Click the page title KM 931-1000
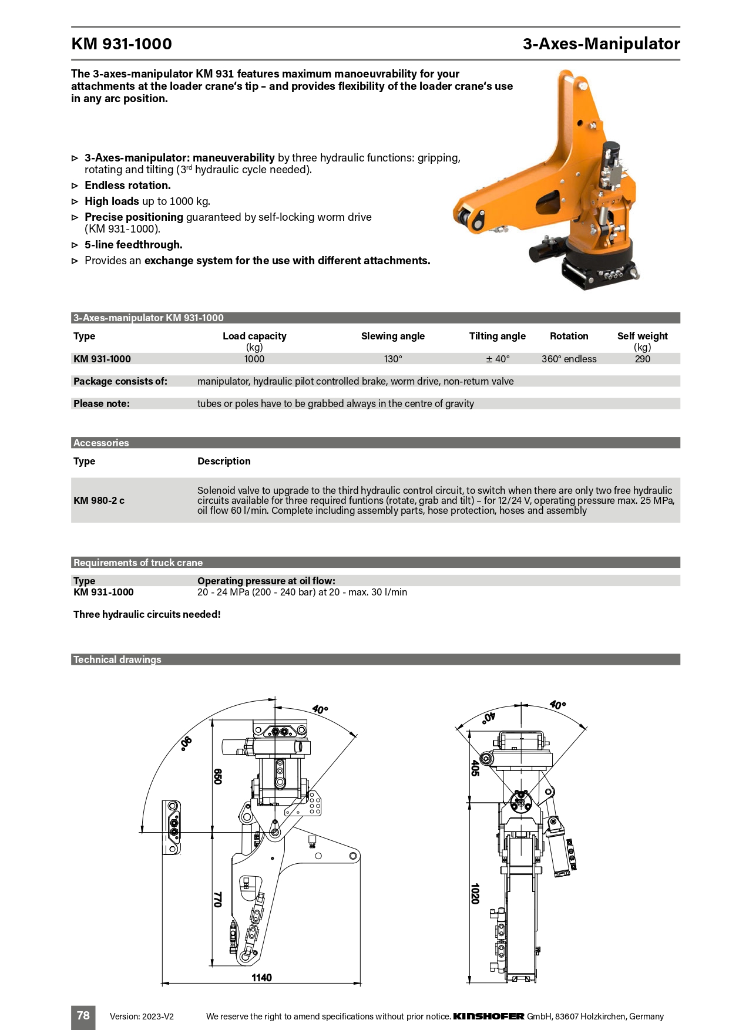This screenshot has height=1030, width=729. coord(122,44)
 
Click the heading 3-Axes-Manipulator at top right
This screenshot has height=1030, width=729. coord(601,44)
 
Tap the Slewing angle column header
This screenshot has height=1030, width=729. coord(392,336)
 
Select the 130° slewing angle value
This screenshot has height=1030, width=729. coord(393,359)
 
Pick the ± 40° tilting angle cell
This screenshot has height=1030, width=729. coord(498,359)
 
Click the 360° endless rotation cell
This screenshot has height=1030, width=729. coord(569,359)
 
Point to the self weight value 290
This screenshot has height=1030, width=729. coord(642,359)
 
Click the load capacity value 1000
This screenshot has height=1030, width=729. coord(254,359)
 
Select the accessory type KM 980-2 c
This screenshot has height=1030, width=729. coord(99,500)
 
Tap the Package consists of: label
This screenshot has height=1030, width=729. coord(120,381)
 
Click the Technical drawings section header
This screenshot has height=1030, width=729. coord(117,659)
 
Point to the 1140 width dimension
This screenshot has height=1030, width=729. coord(261,978)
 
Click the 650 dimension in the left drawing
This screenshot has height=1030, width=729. coord(217,776)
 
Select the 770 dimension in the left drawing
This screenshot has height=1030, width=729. coord(217,899)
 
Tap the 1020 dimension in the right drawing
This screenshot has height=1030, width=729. coord(475,893)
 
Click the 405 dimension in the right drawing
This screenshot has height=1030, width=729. coord(475,768)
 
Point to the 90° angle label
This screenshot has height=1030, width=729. coord(186,743)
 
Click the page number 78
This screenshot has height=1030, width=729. coord(83,1015)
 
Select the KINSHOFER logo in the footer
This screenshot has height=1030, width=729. coord(489,1016)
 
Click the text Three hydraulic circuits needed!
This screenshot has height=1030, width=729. coord(147,614)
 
